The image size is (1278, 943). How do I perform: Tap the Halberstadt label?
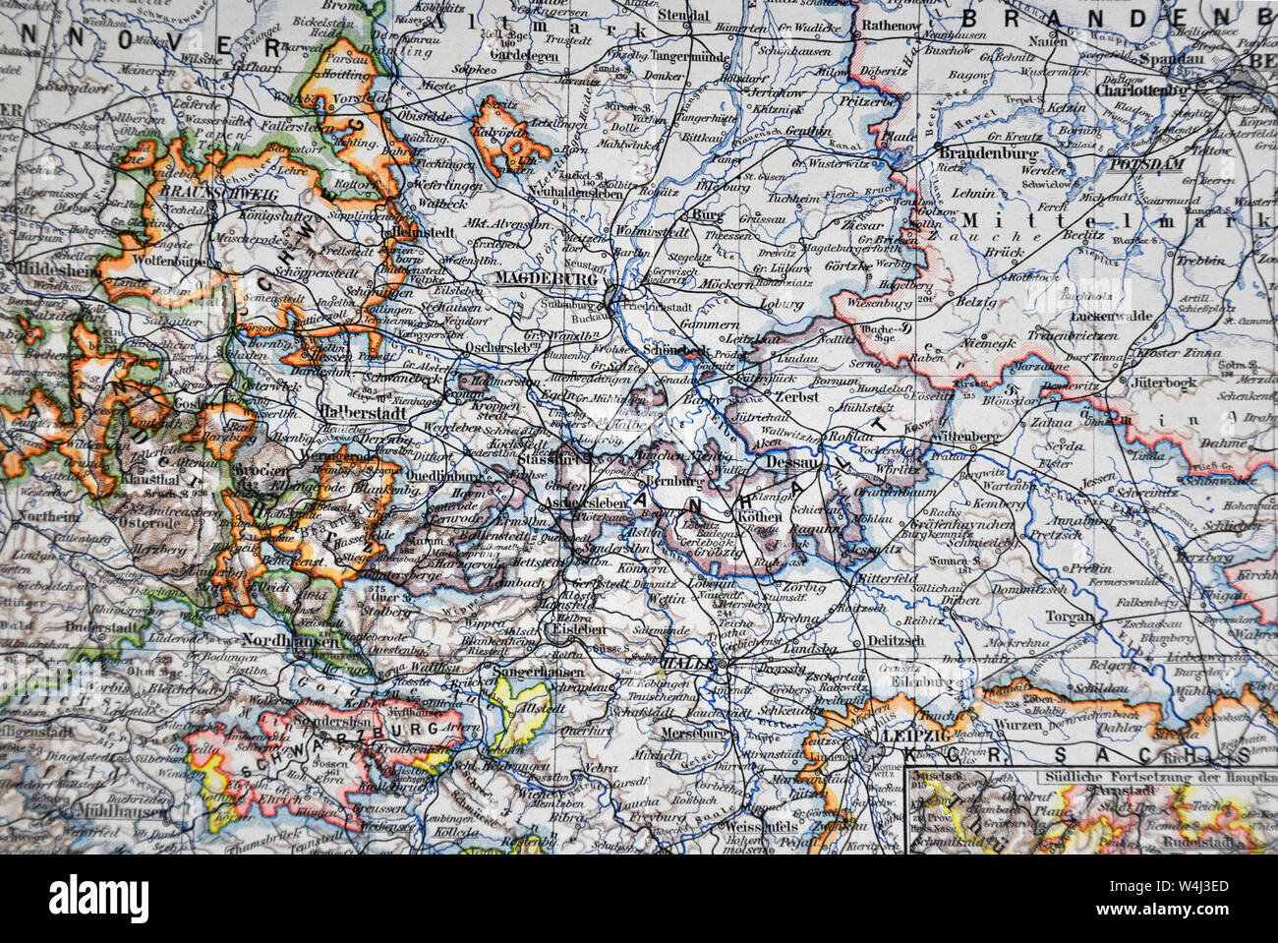tap(358, 415)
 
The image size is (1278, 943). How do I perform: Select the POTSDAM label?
tap(1146, 164)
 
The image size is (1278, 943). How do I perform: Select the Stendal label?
tap(684, 16)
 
